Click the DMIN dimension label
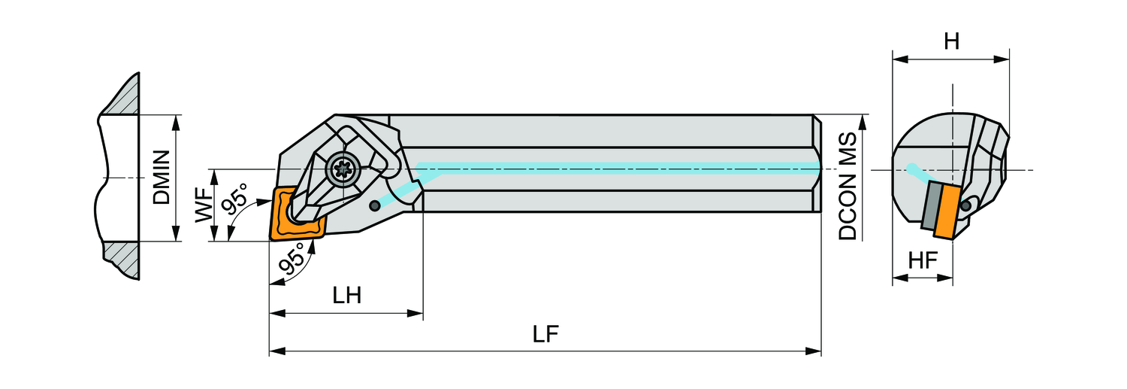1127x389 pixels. (161, 178)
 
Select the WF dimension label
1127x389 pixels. (203, 205)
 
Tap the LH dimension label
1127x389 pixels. (347, 295)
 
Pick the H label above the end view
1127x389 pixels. (951, 42)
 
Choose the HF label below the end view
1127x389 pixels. (923, 261)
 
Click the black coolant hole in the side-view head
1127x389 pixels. (375, 205)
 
